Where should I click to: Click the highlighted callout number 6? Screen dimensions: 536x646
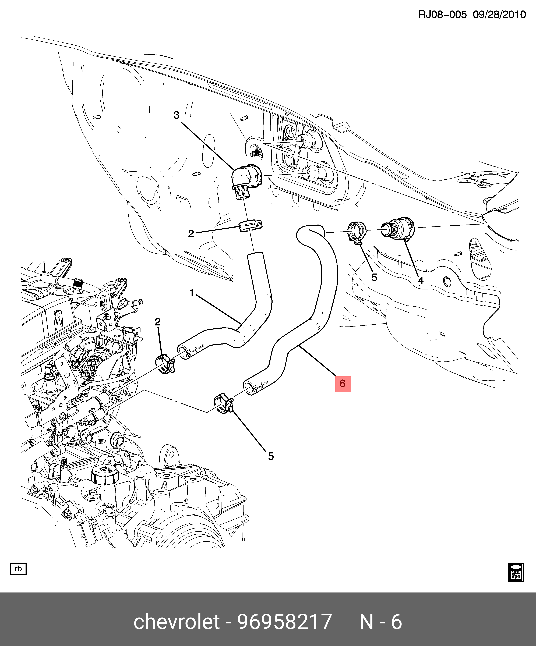tap(343, 384)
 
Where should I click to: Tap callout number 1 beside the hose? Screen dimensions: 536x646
tap(191, 293)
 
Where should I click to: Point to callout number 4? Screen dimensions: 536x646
tap(420, 280)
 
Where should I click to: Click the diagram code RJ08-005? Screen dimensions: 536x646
tap(442, 15)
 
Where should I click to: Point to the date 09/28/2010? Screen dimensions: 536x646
tap(499, 15)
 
